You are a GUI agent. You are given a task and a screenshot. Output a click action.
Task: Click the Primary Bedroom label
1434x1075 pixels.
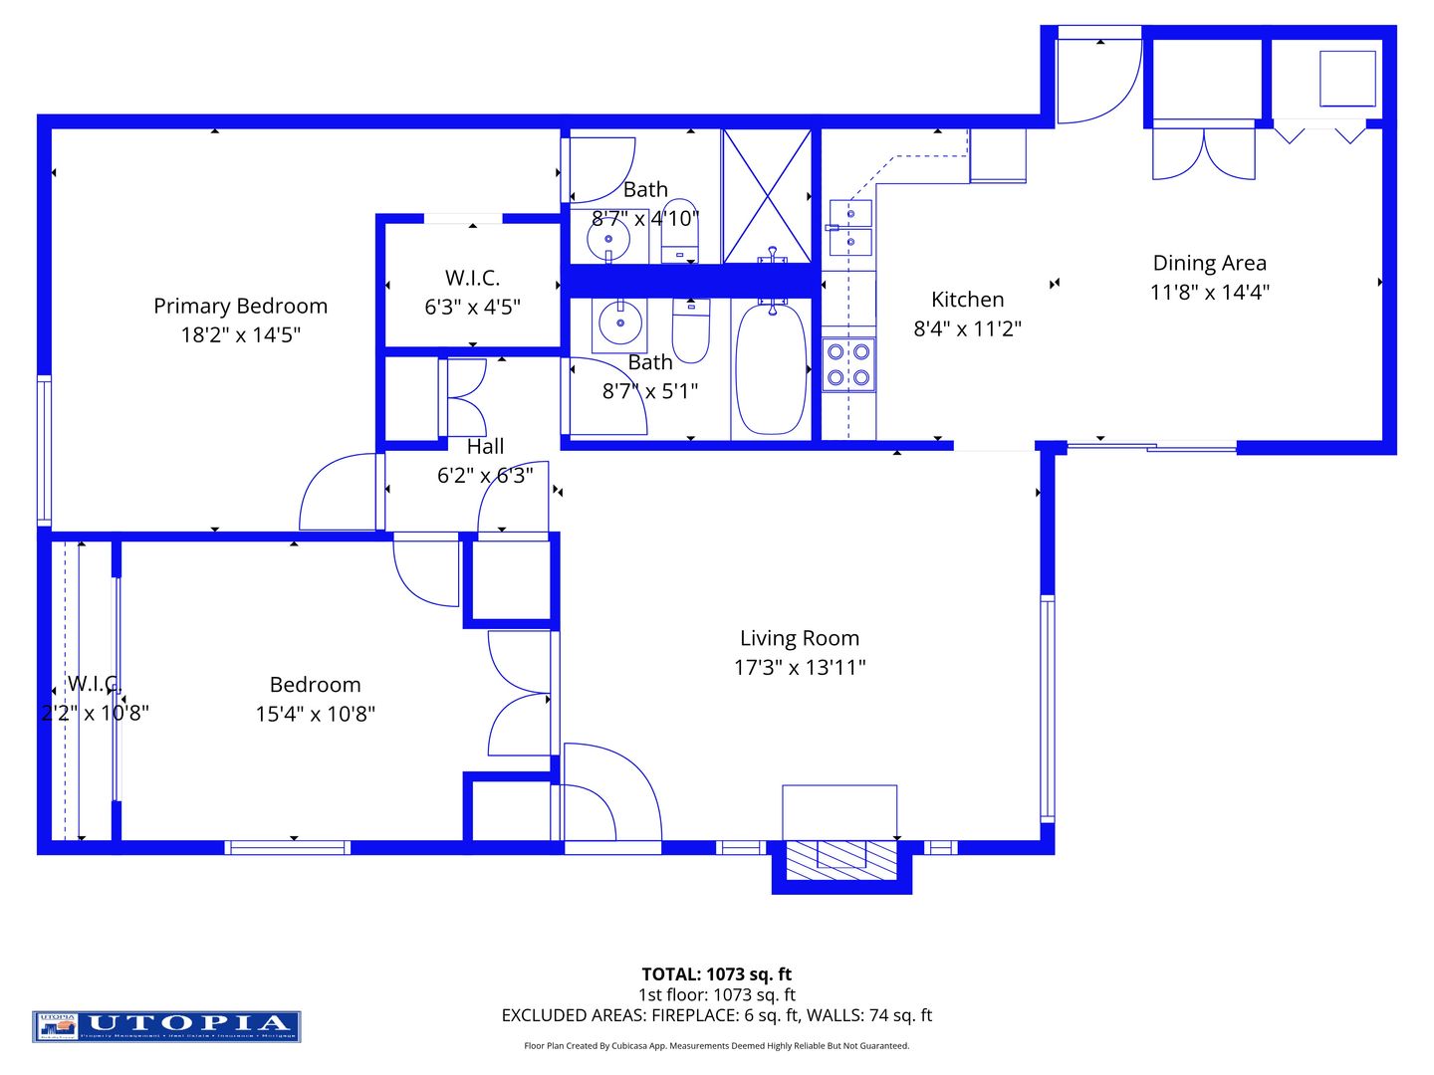[240, 307]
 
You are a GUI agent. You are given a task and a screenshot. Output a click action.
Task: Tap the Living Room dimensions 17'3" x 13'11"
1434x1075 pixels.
[799, 668]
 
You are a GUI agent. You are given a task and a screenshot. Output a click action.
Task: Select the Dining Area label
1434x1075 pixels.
[1209, 264]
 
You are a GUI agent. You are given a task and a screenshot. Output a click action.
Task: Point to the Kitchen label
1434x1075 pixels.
[967, 300]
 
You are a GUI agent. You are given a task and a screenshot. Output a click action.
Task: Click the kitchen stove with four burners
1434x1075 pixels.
[848, 364]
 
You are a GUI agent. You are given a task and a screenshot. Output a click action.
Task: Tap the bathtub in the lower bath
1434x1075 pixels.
[771, 369]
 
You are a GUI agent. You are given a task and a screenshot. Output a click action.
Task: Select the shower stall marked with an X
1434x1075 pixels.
[767, 196]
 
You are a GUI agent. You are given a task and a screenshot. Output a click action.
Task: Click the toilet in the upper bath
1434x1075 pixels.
[680, 229]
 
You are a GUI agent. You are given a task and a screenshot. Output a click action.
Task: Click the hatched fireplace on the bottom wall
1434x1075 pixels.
[841, 859]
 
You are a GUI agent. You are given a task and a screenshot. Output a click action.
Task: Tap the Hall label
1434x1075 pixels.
[485, 447]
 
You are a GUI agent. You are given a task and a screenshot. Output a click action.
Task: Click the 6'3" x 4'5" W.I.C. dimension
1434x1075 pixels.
[472, 308]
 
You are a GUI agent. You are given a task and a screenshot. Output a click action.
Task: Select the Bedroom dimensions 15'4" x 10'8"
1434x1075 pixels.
[315, 714]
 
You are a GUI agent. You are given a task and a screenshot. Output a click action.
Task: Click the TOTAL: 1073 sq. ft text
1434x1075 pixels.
[716, 974]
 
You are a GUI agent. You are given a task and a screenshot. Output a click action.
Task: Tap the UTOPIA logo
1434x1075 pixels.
[166, 1026]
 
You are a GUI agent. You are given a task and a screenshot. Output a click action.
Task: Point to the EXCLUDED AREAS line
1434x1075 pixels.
[716, 1015]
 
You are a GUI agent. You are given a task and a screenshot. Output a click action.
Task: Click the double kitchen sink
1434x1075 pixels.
[849, 228]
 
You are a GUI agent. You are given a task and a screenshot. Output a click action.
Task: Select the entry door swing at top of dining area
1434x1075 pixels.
[1097, 80]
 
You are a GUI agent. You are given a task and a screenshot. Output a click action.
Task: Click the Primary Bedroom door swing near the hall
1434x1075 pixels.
[339, 493]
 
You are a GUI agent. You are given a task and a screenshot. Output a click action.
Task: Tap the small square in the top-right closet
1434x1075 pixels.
[1347, 78]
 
